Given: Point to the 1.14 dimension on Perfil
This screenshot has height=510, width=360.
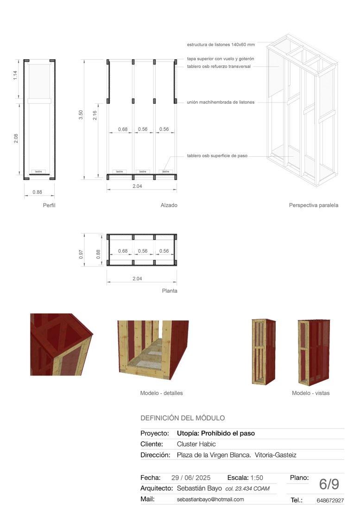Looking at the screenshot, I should [15, 75].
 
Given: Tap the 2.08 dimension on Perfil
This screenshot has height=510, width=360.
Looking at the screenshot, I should [15, 138].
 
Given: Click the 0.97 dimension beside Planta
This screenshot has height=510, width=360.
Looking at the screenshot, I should [81, 254].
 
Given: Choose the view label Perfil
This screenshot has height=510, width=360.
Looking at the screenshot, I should [49, 205].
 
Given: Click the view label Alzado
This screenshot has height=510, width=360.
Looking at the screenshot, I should [169, 205].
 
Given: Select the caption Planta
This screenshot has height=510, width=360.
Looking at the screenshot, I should [170, 291].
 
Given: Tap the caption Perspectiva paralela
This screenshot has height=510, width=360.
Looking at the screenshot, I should [313, 205].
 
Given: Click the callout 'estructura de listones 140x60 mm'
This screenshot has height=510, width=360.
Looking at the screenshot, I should [221, 45].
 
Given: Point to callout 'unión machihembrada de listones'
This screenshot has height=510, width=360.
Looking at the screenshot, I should [221, 102].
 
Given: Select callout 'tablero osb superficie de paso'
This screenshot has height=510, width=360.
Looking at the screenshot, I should [217, 156].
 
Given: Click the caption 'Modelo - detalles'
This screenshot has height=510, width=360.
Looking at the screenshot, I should [161, 393].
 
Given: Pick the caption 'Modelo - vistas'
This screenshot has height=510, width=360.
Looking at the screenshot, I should [310, 393].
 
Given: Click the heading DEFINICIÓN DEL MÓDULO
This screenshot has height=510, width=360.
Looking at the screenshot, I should [183, 418].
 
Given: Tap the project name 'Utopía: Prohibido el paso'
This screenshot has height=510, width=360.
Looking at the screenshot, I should [216, 433].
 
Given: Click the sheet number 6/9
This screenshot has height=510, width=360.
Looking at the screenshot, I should [329, 484].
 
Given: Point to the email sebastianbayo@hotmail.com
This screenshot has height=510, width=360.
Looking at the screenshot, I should [210, 499].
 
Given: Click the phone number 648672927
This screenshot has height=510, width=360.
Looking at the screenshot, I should [330, 501].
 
